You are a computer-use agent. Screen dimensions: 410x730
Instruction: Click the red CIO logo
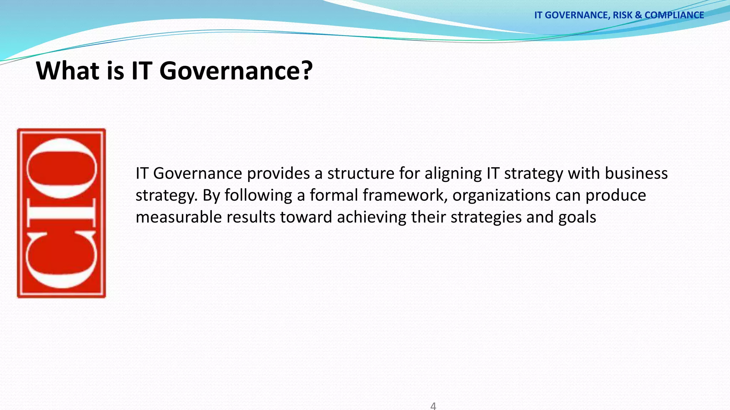click(x=61, y=213)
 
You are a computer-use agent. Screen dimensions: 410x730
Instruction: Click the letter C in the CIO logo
click(x=61, y=260)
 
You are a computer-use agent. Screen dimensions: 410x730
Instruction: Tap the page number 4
click(x=433, y=406)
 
